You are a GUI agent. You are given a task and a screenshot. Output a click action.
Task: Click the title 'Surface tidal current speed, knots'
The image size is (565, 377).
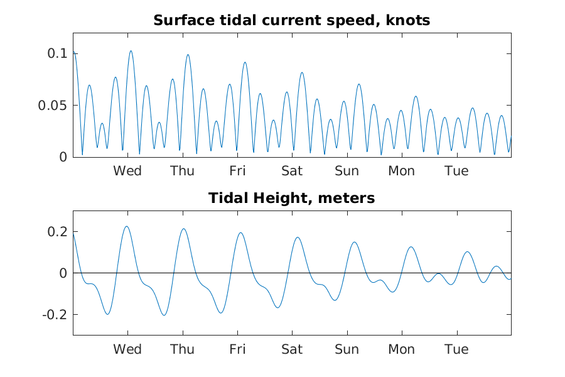(291, 21)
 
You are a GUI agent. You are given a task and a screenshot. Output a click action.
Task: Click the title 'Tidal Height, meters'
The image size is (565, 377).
(291, 199)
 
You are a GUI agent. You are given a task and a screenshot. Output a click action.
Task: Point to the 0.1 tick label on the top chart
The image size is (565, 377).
(57, 53)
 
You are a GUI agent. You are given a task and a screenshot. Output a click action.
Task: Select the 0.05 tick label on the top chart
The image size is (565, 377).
(53, 106)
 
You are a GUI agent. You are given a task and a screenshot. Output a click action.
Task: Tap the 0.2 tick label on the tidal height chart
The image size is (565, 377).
(57, 232)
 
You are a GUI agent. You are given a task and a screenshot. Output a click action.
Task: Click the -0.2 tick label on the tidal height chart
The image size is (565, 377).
(55, 315)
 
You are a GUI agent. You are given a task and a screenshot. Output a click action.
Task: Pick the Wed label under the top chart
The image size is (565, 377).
(127, 171)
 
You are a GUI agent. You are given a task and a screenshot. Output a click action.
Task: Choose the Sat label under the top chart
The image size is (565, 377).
(292, 171)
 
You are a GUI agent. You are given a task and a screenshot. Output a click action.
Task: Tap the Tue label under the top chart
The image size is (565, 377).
(456, 171)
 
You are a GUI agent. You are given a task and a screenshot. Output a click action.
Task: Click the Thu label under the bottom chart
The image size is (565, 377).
(182, 349)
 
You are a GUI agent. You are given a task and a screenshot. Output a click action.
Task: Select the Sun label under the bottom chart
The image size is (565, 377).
(347, 349)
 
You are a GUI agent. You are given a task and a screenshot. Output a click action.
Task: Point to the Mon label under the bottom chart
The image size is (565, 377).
(401, 349)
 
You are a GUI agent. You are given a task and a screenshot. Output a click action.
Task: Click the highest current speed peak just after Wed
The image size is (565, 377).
(131, 51)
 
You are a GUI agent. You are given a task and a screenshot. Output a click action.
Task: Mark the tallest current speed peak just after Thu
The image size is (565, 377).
(188, 55)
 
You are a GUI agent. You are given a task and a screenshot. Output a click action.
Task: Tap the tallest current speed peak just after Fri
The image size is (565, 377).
(245, 62)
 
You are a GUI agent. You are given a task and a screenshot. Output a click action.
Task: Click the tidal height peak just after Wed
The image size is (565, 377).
(126, 226)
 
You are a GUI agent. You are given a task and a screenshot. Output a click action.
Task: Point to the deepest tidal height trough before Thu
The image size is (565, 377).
(164, 315)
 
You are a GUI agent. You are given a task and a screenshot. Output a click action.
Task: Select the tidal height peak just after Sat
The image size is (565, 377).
(298, 238)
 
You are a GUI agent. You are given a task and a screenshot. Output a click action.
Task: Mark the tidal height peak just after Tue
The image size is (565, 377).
(467, 252)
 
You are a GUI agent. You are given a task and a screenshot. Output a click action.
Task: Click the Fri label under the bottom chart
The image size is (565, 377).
(237, 349)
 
